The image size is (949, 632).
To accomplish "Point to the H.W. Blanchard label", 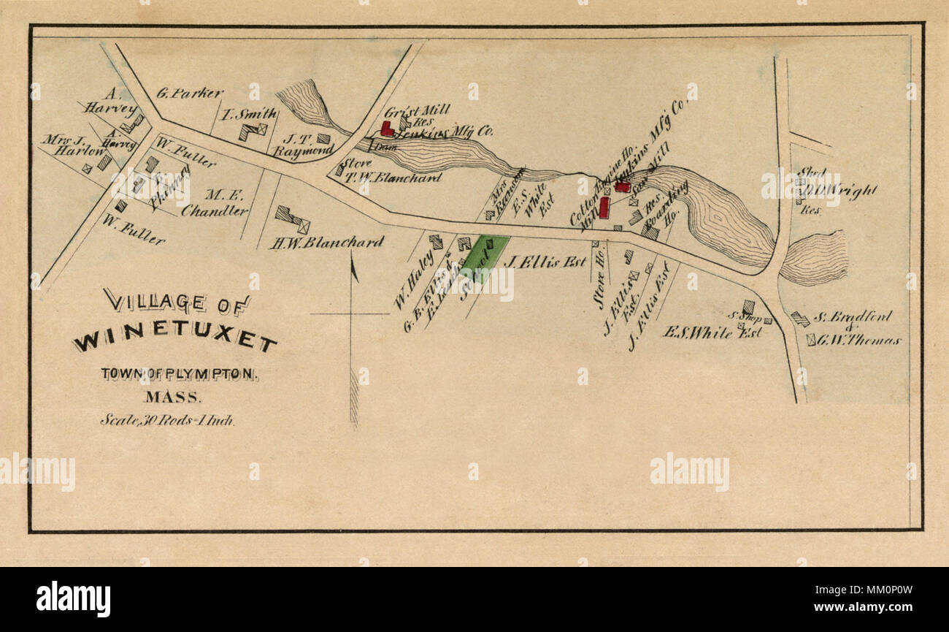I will click(326, 243).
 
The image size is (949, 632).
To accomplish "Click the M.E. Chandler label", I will click(215, 203).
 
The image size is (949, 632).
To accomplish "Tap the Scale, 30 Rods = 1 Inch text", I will click(167, 420).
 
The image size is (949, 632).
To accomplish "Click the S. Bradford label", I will click(852, 317).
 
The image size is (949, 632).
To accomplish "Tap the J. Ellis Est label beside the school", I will click(545, 261).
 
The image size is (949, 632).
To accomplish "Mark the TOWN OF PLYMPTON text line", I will click(179, 374).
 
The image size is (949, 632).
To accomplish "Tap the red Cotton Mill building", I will click(604, 207).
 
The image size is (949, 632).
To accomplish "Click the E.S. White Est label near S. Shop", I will click(712, 332).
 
